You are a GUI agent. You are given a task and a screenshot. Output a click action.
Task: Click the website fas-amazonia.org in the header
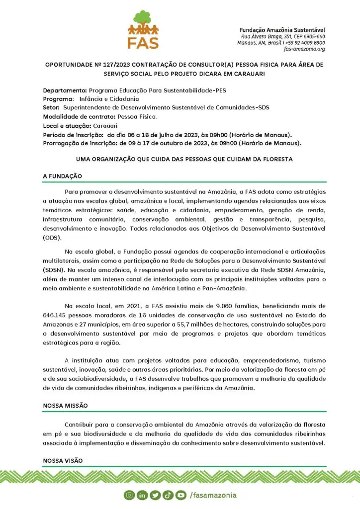[304, 49]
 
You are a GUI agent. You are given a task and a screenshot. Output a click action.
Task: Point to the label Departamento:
[65, 90]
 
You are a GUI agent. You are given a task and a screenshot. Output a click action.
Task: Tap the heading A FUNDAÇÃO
[62, 176]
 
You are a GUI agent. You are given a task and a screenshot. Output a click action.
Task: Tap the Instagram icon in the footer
[130, 495]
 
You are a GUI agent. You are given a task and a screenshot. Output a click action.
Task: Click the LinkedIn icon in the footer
[142, 495]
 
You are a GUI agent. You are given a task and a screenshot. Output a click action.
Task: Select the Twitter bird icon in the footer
[155, 495]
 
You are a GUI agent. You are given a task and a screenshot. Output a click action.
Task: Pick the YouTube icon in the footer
[180, 495]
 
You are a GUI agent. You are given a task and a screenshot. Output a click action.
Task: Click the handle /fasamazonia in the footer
[213, 495]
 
